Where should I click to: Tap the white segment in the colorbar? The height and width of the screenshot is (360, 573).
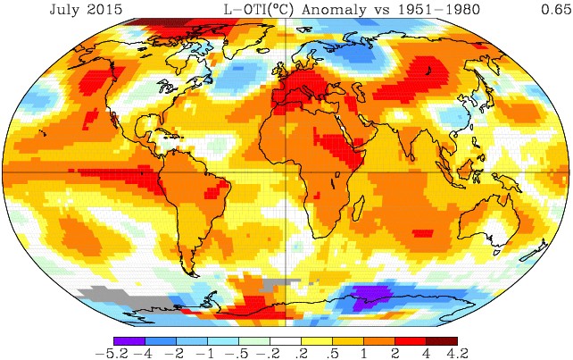[x=286, y=340]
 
